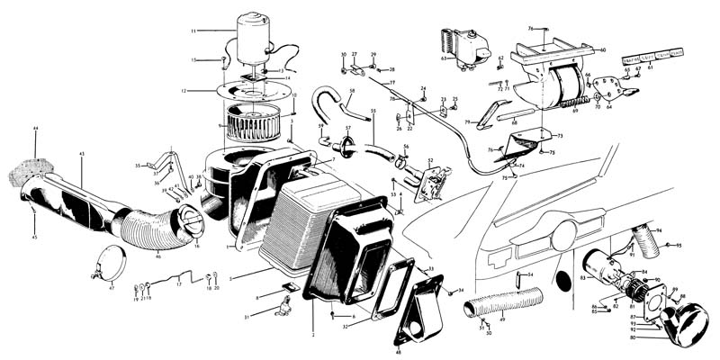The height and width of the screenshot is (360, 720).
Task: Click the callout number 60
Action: (x=602, y=49)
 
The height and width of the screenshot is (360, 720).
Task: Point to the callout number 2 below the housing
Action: (x=313, y=335)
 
